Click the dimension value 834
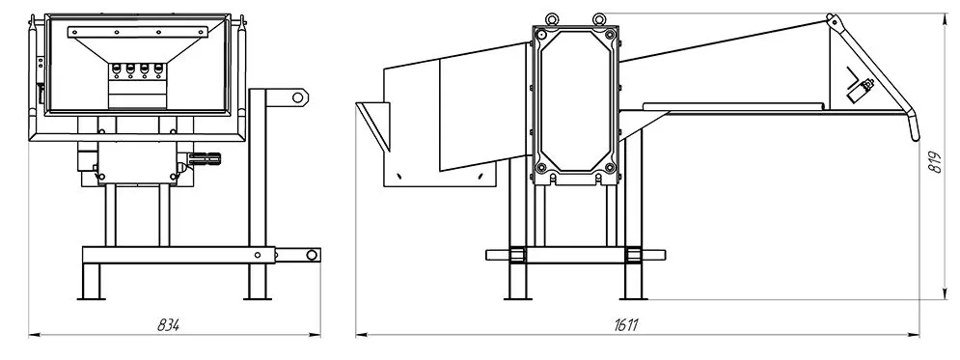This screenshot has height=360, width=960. click(169, 325)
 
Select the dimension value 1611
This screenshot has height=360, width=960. click(626, 325)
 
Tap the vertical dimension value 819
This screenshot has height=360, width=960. click(935, 161)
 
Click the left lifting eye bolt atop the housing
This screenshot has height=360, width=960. click(553, 19)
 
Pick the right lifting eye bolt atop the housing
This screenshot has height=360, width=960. click(599, 19)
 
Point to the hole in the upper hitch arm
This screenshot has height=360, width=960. click(298, 97)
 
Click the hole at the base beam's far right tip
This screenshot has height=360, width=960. click(313, 255)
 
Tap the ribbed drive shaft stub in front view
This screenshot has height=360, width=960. click(206, 160)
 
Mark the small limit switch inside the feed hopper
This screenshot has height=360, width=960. click(860, 90)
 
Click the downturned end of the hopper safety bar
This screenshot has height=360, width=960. click(914, 126)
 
